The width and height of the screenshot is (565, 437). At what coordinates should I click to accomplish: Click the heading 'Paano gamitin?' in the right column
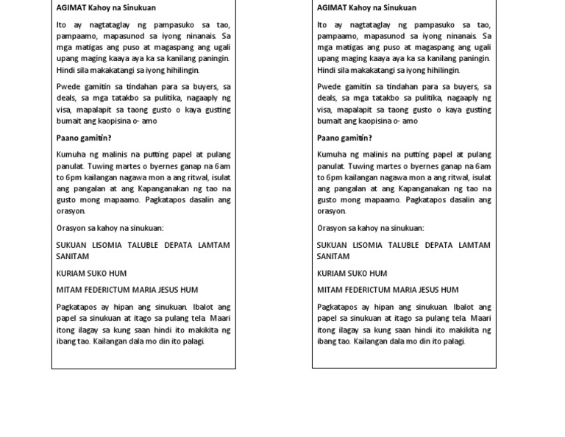tap(344, 138)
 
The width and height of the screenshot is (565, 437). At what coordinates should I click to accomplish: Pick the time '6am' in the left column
tap(222, 166)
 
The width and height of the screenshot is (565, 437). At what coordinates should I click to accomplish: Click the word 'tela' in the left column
tap(220, 319)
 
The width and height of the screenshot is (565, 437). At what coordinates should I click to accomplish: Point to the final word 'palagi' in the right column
tap(454, 341)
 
